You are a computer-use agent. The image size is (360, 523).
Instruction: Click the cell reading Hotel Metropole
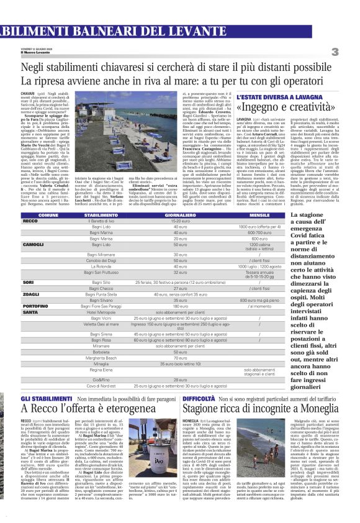tap(103, 312)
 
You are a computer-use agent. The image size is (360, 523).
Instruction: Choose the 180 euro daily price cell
tap(181, 306)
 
